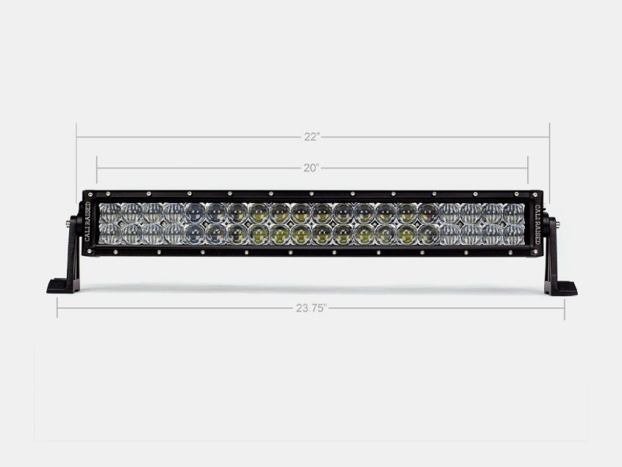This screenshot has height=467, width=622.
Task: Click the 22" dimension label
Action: click(x=312, y=137)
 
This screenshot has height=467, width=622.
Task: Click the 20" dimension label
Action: click(x=312, y=167)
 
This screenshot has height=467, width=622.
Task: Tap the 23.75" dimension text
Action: click(x=311, y=307)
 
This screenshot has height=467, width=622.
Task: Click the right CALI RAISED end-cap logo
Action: click(x=536, y=223)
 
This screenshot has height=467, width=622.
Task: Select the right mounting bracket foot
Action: click(x=561, y=287)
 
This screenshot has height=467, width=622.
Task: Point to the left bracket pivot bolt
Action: click(x=68, y=223)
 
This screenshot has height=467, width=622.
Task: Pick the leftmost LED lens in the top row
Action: click(x=110, y=212)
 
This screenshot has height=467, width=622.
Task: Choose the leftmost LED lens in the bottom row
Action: click(x=110, y=233)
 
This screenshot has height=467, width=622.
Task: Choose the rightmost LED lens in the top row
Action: click(x=513, y=212)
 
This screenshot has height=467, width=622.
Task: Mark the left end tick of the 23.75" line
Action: click(x=58, y=307)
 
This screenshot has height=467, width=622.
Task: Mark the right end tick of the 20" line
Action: click(x=528, y=167)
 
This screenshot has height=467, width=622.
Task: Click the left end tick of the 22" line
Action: click(x=76, y=137)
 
